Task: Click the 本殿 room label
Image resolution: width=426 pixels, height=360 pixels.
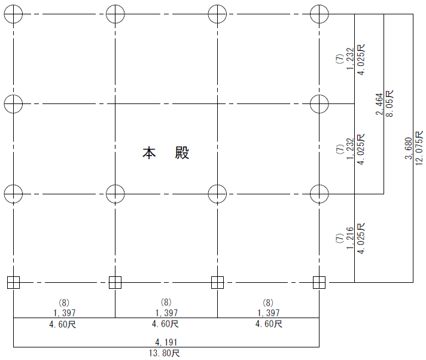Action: [x=166, y=152]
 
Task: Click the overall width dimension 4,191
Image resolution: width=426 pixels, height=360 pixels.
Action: [x=166, y=342]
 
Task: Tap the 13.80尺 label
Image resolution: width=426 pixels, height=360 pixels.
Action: [x=166, y=353]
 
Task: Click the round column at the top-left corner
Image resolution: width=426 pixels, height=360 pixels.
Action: [x=13, y=13]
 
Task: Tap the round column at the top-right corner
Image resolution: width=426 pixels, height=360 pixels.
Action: [x=319, y=13]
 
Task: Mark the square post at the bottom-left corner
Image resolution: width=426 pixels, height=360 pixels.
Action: [x=13, y=282]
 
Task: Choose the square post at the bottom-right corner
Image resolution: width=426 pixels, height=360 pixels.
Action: [x=319, y=282]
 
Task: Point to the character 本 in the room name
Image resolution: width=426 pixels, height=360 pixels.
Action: [x=149, y=152]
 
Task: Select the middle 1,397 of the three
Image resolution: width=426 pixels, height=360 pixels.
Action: [x=166, y=313]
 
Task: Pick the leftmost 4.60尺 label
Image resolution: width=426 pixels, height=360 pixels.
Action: [x=64, y=324]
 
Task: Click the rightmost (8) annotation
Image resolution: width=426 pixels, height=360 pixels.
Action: [x=269, y=303]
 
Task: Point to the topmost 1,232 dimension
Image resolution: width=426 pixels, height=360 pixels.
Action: [x=350, y=59]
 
